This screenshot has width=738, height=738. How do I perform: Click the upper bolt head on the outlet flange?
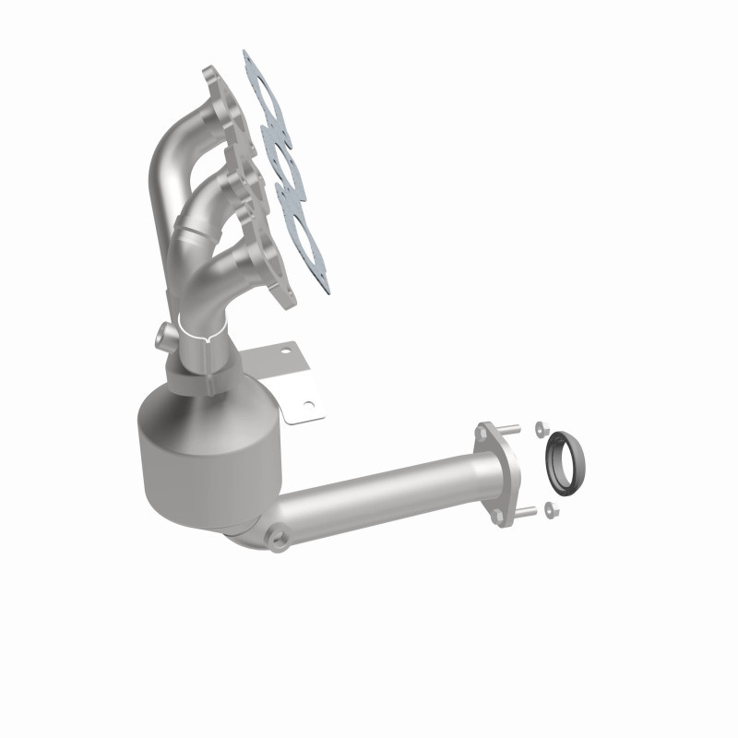click(x=483, y=430)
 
